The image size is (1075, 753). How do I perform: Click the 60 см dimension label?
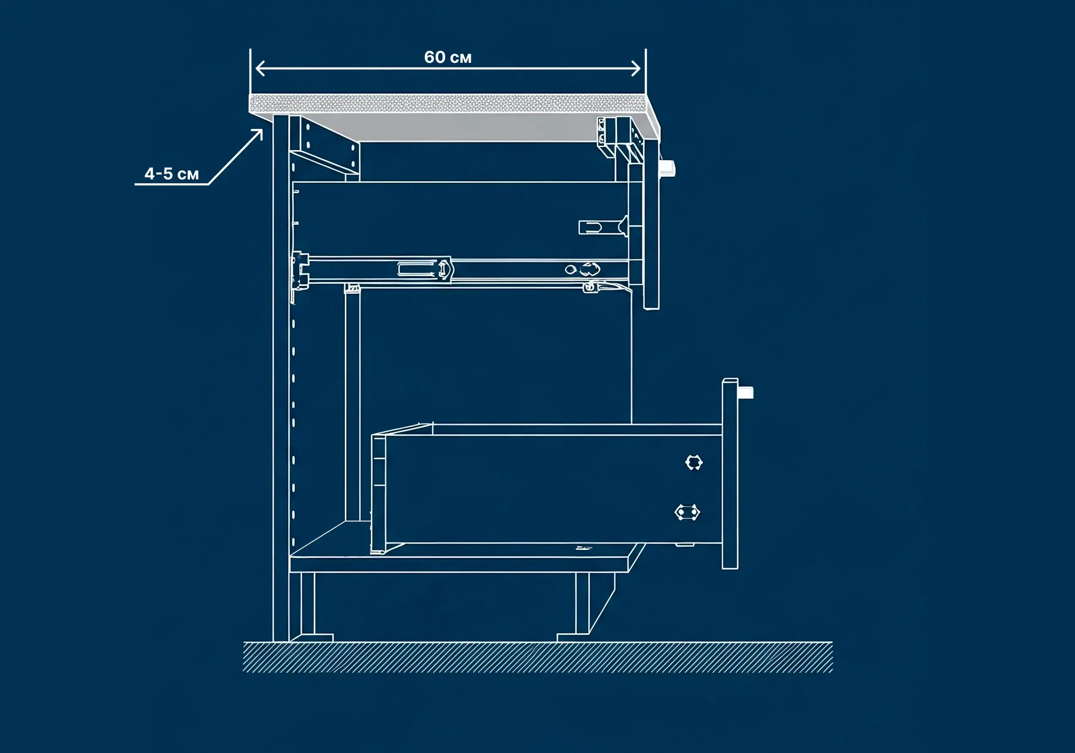(448, 57)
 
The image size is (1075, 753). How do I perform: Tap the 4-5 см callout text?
(172, 174)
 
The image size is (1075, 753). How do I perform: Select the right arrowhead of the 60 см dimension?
(636, 68)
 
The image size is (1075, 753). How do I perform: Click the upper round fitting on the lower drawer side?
(694, 463)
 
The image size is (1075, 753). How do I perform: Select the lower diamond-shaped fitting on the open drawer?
(687, 512)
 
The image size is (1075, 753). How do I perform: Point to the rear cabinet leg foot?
(311, 638)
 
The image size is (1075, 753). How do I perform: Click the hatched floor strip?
(537, 657)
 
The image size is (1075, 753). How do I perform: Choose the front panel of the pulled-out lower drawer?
(730, 473)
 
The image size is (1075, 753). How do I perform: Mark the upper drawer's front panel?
(651, 220)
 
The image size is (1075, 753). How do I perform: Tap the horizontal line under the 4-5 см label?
(172, 184)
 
